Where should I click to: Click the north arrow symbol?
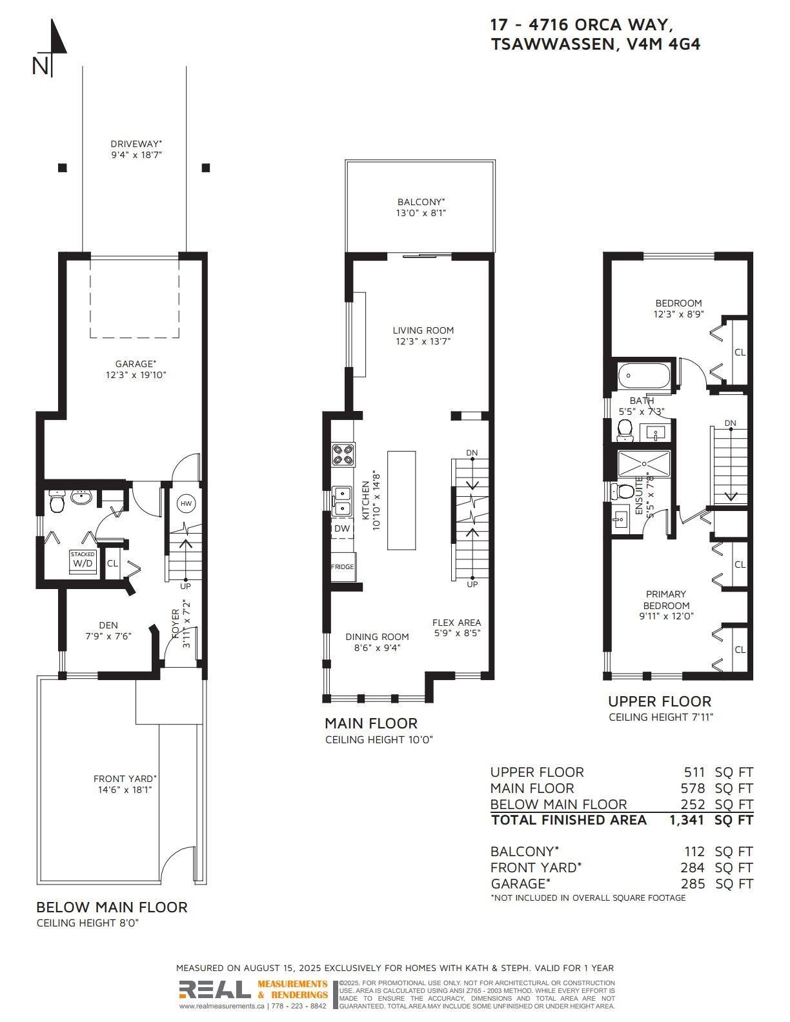coord(51,47)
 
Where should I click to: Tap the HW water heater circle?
coord(187,504)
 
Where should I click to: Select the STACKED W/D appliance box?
coord(83,561)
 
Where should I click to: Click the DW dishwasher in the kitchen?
coord(343,528)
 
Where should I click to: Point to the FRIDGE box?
coord(342,566)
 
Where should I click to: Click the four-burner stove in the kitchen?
coord(343,454)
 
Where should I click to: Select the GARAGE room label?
coord(136,363)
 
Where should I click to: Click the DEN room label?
coord(108,625)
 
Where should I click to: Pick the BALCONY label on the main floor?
coord(421,202)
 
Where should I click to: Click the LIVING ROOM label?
coord(423,330)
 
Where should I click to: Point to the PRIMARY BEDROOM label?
coord(666,599)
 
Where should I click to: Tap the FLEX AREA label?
coord(456,622)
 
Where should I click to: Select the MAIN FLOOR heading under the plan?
coord(370,723)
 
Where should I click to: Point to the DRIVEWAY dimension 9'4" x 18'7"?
coord(136,155)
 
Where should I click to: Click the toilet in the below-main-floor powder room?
coord(57,502)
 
